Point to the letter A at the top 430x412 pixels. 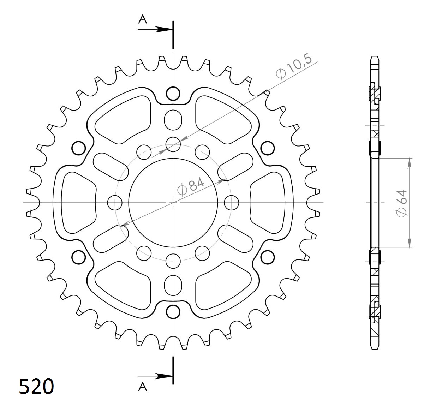pos(142,19)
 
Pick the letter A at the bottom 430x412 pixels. pos(142,387)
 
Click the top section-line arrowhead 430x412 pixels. pos(163,30)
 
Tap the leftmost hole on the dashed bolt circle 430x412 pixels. pos(114,203)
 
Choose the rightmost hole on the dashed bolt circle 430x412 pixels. pos(232,203)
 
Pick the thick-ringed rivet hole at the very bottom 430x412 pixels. pos(173,312)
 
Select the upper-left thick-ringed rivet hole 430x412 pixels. pos(79,148)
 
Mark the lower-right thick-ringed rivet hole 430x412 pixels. pos(268,257)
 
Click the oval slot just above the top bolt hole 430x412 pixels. pos(173,120)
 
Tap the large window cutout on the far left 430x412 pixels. pos(78,203)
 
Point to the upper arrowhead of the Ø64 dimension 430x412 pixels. pos(409,162)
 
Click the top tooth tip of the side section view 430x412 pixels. pos(375,58)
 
